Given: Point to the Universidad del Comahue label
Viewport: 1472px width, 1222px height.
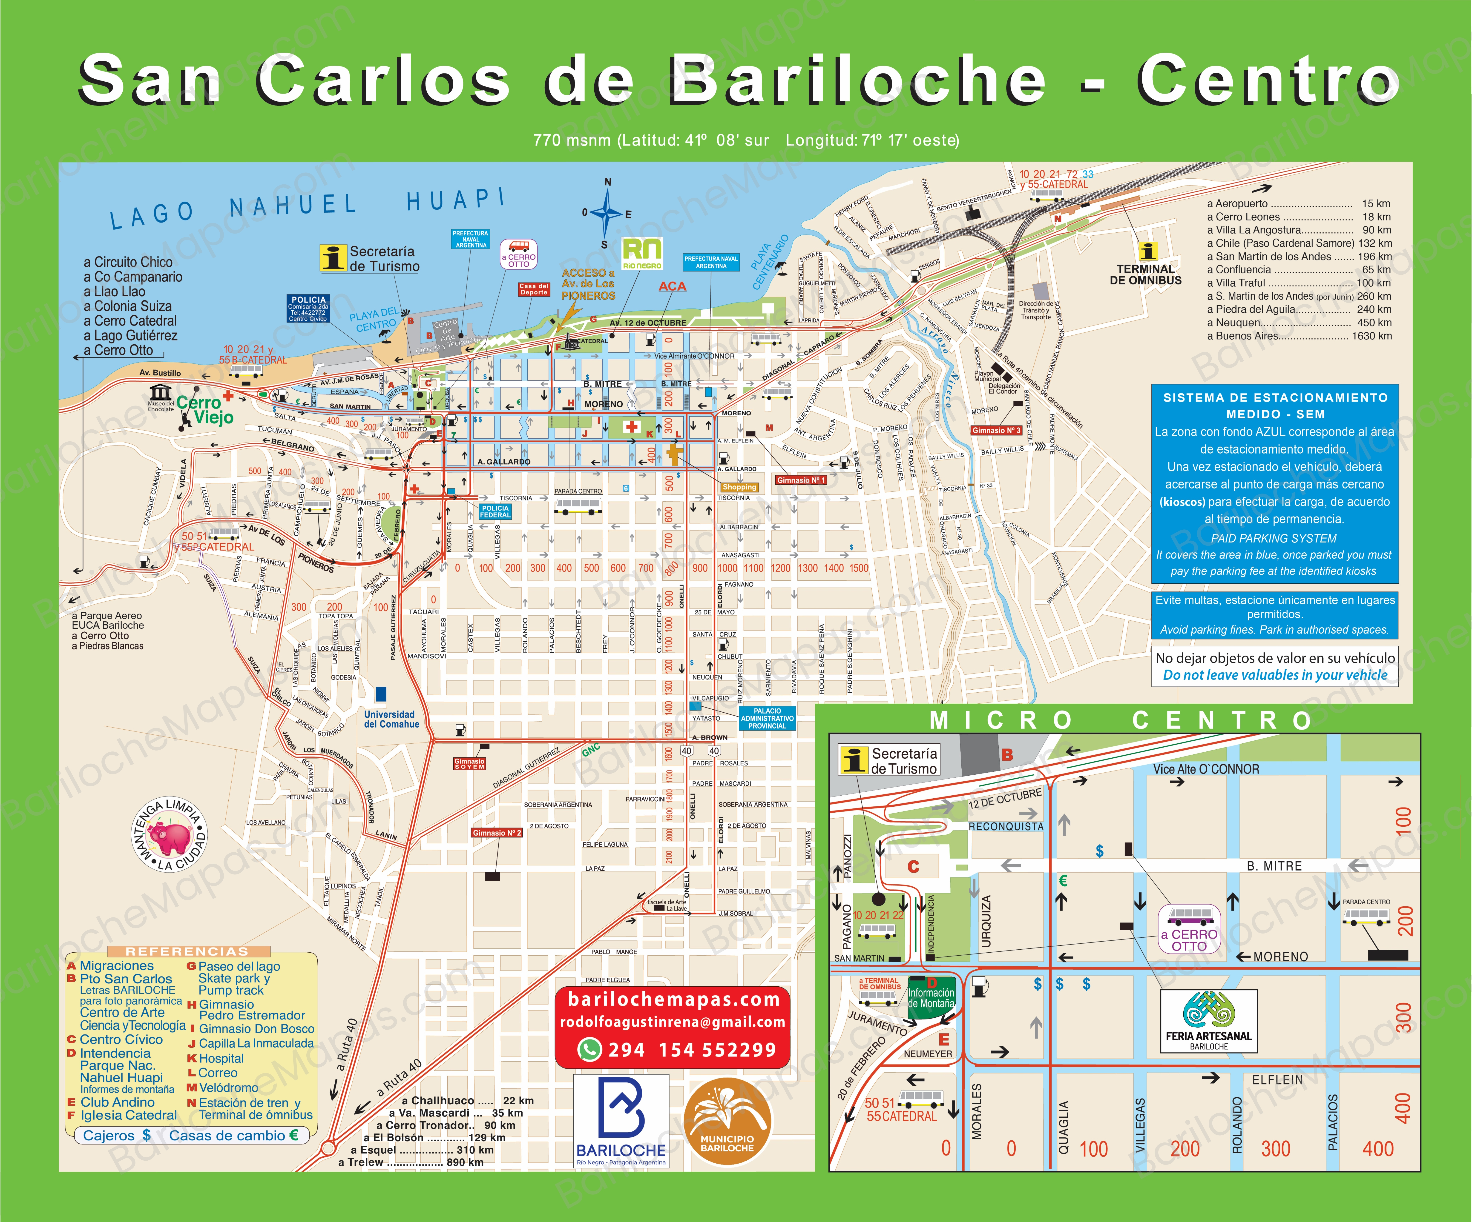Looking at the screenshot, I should coord(391,719).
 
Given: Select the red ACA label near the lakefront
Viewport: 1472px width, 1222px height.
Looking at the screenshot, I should coord(672,287).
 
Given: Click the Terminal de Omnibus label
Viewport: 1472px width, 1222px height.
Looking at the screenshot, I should coord(1145,275).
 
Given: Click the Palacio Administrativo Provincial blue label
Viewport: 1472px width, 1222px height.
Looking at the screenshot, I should coord(767,718).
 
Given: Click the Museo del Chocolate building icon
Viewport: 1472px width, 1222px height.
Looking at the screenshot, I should coord(161,391).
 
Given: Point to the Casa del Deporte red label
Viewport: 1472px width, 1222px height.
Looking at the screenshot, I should coord(533,289).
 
